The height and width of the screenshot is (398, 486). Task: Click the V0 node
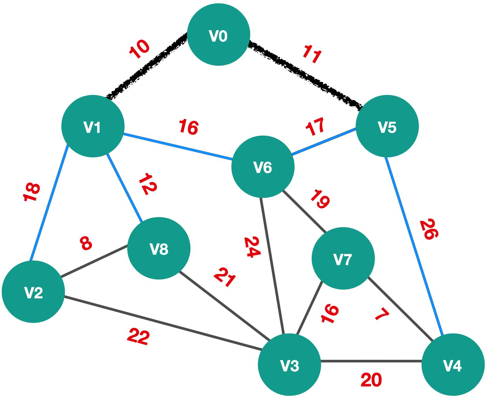point(219,35)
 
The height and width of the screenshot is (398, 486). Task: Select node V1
point(93,126)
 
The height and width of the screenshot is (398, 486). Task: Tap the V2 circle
point(34,292)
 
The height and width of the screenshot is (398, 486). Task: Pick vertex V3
point(290,365)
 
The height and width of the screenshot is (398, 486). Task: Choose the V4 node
point(453,365)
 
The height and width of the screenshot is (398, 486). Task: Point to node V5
point(387,126)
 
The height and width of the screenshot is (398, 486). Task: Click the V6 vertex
point(263,167)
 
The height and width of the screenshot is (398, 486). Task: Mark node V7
point(343,258)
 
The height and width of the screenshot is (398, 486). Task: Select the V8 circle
point(159,248)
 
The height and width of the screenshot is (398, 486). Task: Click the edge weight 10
point(139,49)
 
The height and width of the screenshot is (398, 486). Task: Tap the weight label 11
point(312,54)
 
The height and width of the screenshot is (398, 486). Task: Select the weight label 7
point(382,314)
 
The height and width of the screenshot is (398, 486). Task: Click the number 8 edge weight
point(86,243)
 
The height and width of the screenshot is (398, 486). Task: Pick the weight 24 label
point(252,247)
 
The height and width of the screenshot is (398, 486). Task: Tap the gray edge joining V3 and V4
point(371,361)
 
